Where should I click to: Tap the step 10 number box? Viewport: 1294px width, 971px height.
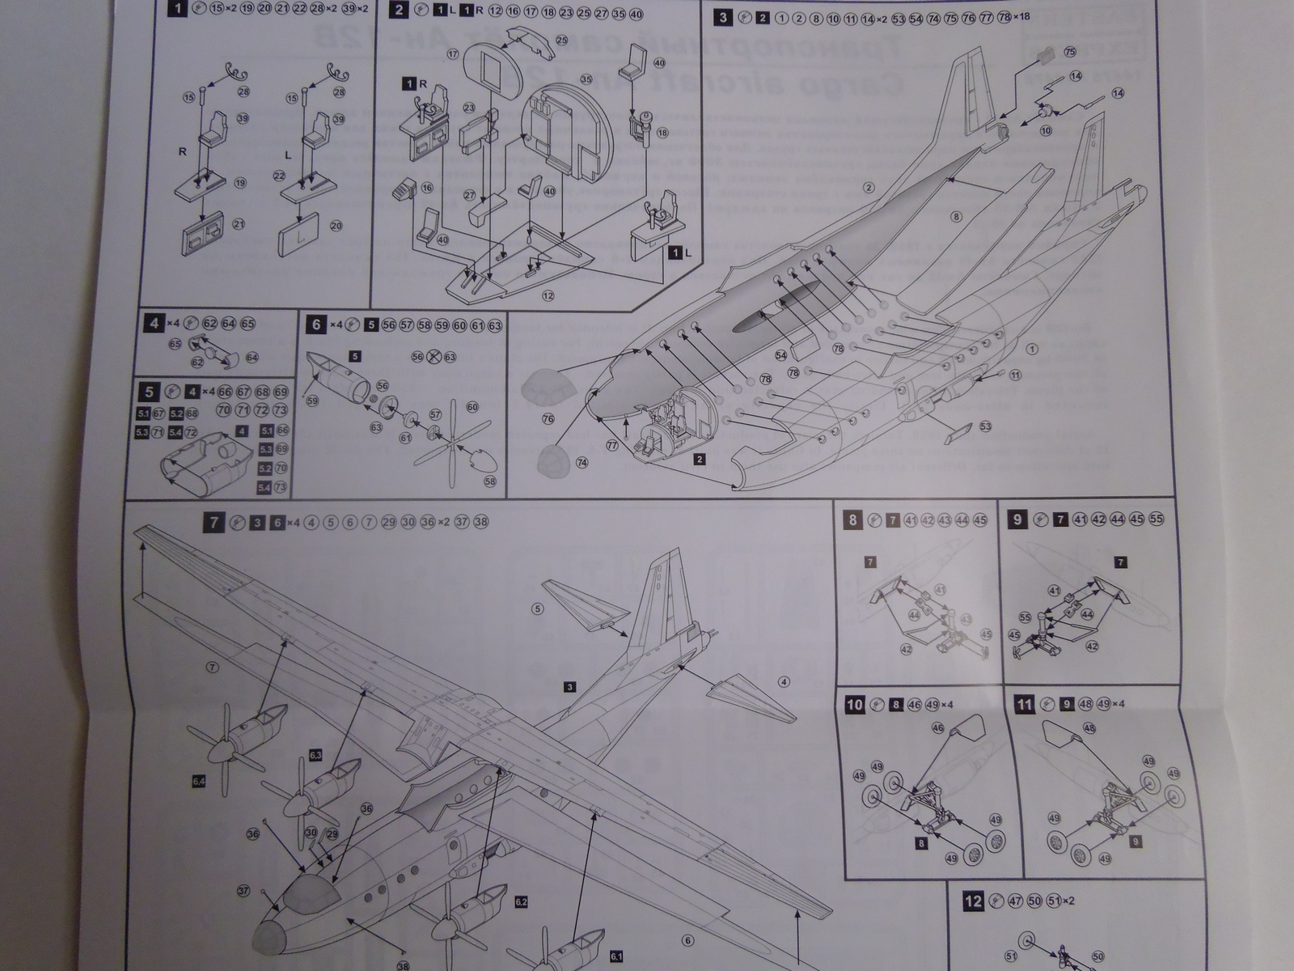click(855, 705)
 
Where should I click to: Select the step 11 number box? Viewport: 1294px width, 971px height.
click(1025, 705)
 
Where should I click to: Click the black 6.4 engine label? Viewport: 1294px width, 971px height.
click(199, 781)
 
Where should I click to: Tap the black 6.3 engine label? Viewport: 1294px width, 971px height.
click(315, 756)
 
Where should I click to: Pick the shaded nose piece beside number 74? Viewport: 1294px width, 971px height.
click(556, 458)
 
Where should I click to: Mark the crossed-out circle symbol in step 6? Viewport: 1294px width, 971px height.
click(433, 356)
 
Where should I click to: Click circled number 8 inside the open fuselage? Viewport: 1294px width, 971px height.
click(956, 217)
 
